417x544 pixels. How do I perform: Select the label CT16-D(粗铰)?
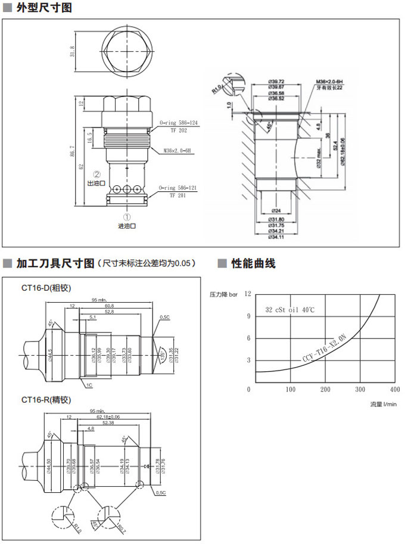(x=46, y=288)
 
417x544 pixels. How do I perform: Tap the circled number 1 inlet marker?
(x=127, y=217)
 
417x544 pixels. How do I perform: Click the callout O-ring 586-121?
(x=178, y=188)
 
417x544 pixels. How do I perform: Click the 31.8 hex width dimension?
(x=72, y=52)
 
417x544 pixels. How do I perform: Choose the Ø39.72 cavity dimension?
(x=276, y=82)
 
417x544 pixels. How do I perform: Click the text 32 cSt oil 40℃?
(x=290, y=310)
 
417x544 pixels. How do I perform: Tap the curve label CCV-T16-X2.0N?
(x=325, y=349)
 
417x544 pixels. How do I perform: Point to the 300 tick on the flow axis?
(x=360, y=390)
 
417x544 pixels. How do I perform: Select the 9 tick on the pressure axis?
(x=248, y=316)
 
